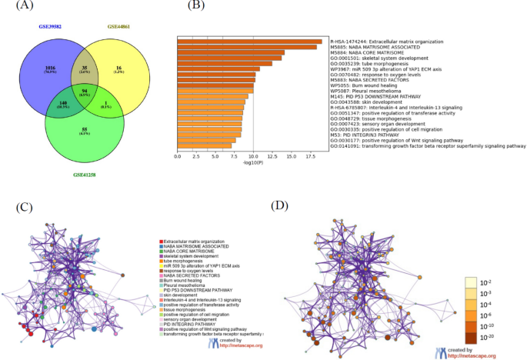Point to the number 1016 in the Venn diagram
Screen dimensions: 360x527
click(x=52, y=69)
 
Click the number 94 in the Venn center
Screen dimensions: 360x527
click(x=85, y=92)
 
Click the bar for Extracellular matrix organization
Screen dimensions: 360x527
click(x=249, y=42)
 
